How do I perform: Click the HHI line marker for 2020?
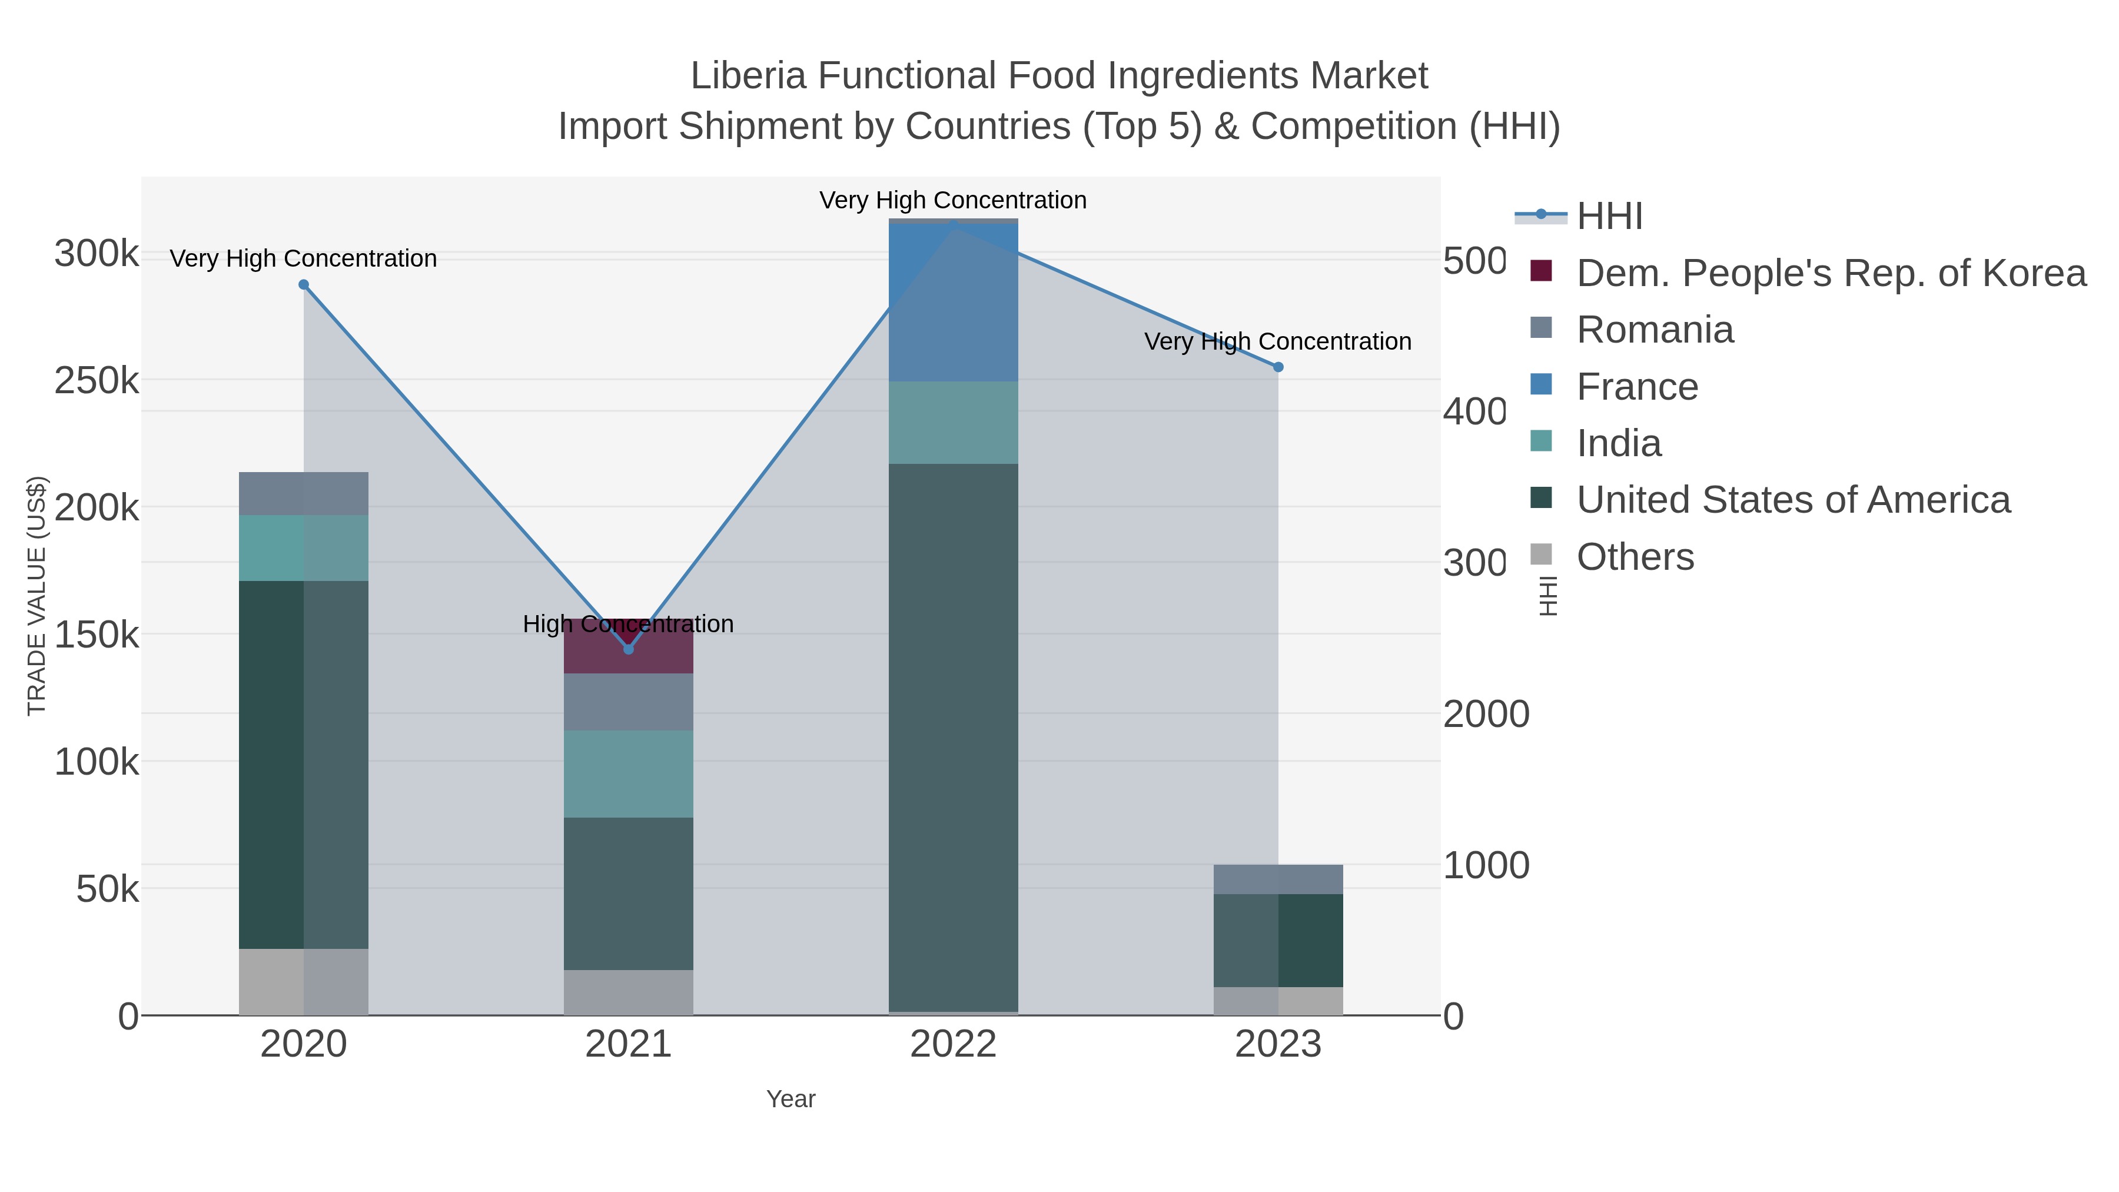[304, 285]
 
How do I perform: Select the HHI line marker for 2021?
[629, 650]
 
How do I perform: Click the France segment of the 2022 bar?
[954, 303]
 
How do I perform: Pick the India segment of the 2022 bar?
[954, 422]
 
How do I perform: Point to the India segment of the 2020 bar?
[304, 548]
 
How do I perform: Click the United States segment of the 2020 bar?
[304, 765]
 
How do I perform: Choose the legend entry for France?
[1636, 387]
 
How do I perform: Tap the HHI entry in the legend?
[1609, 217]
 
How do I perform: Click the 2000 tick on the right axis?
[1486, 714]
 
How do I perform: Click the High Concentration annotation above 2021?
[629, 625]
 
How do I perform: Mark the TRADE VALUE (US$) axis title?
[37, 596]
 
